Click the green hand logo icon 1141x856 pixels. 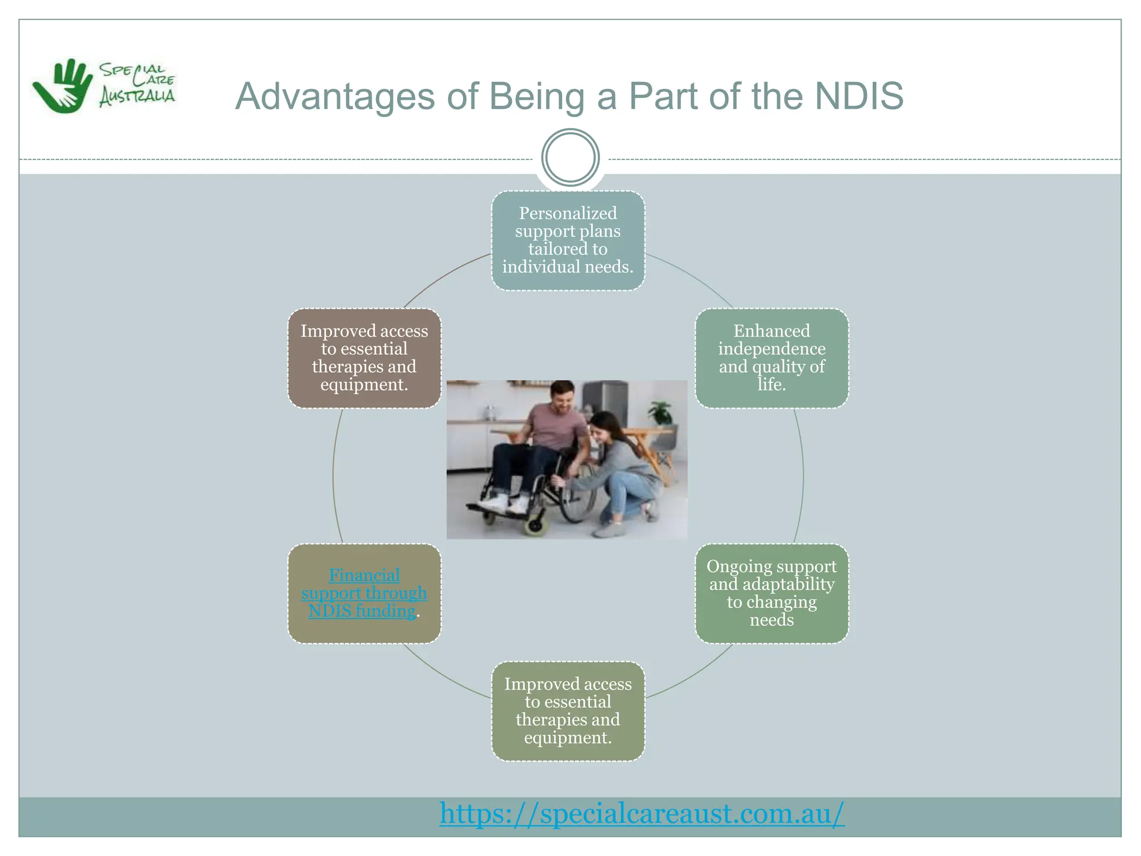coord(63,86)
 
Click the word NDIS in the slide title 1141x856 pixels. coord(859,96)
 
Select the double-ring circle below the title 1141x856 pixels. coord(570,157)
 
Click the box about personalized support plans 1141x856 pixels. coord(568,240)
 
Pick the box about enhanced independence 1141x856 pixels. coord(772,358)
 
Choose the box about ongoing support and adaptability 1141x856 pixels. coord(772,593)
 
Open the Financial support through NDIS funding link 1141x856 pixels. coord(364,593)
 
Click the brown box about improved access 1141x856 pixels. coord(364,358)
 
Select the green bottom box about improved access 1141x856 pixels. coord(568,711)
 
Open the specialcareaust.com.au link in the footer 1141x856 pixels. coord(642,813)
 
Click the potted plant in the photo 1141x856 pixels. coord(661,413)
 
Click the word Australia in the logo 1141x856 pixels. coord(137,96)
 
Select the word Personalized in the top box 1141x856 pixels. coord(568,213)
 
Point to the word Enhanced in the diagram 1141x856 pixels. coord(772,331)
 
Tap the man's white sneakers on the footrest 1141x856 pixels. coord(501,503)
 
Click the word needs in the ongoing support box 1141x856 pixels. coord(772,620)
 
